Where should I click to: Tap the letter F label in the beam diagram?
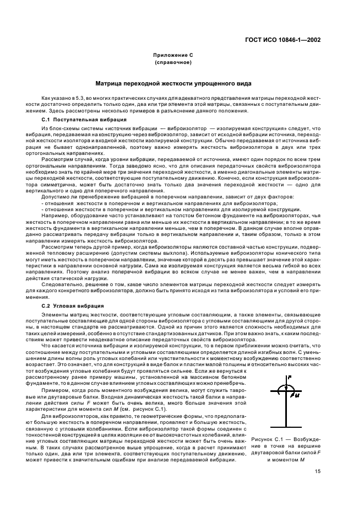290,377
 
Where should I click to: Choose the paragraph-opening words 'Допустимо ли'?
55,197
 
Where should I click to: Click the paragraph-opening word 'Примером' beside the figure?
54,381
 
